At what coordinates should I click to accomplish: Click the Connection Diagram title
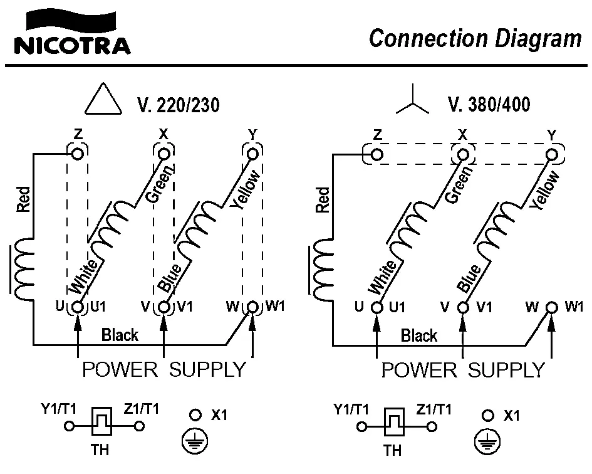(475, 38)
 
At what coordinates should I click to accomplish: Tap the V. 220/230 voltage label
(178, 105)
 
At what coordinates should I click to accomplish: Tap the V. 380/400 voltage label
(489, 104)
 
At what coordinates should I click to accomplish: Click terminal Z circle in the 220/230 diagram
(78, 153)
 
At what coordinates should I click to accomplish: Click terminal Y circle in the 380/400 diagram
(552, 154)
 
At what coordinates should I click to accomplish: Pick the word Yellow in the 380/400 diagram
(544, 189)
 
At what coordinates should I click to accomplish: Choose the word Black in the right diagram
(419, 335)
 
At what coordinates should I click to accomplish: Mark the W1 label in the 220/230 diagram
(275, 307)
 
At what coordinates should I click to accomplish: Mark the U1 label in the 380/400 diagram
(397, 307)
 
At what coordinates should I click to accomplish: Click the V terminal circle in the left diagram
(164, 307)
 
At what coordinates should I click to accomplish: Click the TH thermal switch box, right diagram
(394, 423)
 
